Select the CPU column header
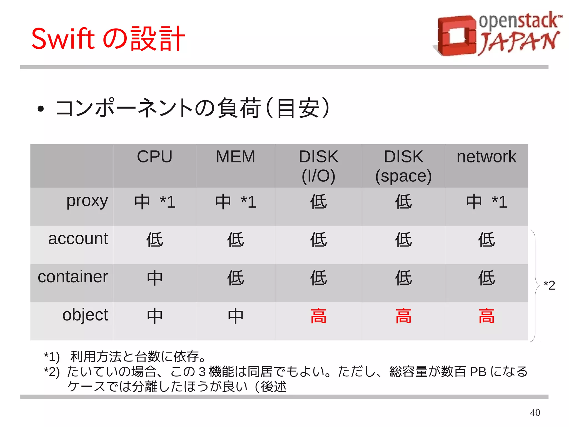point(154,157)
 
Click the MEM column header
point(235,157)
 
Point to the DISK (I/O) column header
point(318,166)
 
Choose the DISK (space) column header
point(403,166)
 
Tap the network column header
point(486,157)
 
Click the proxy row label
point(87,201)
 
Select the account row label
point(78,239)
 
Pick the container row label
point(73,277)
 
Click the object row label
point(85,315)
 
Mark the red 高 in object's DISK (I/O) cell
point(318,316)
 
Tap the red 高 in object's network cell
point(486,316)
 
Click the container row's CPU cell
point(154,278)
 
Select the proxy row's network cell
point(486,202)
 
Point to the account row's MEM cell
point(235,240)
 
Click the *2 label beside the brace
point(549,285)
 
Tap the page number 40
point(535,412)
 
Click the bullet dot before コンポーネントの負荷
point(41,109)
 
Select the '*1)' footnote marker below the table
point(52,357)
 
